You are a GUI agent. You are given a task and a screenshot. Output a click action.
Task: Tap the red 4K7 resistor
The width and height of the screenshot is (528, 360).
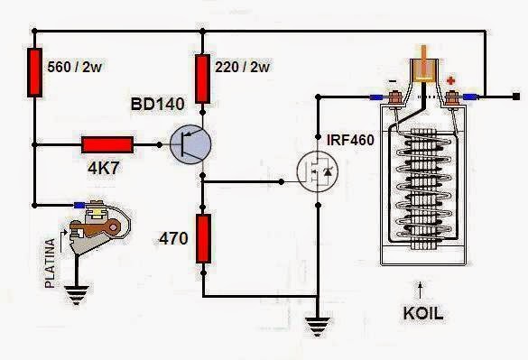107,144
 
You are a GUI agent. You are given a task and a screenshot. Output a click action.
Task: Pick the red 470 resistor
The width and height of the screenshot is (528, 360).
204,235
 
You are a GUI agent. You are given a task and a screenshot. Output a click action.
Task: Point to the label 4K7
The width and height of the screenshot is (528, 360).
103,168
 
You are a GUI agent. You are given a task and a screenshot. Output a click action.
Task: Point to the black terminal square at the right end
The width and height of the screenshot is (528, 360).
515,96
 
